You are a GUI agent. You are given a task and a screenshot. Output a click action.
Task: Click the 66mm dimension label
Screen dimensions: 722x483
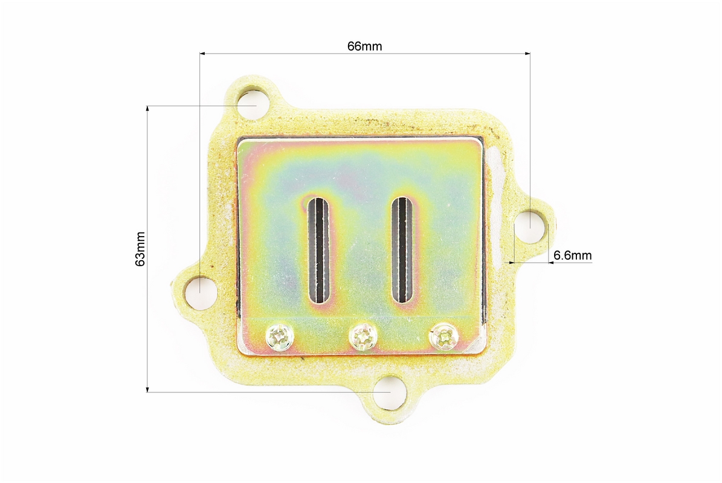coord(364,46)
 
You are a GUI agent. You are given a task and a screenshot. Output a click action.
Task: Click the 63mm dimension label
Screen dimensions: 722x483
coord(140,249)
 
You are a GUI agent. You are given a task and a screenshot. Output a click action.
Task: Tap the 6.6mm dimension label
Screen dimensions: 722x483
coord(572,255)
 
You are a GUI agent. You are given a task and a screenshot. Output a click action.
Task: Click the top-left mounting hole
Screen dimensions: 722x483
coord(253,104)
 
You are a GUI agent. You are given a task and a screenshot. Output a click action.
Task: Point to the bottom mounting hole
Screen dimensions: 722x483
coord(390,392)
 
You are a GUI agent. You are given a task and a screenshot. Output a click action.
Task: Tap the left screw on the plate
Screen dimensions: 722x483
coord(280,337)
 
